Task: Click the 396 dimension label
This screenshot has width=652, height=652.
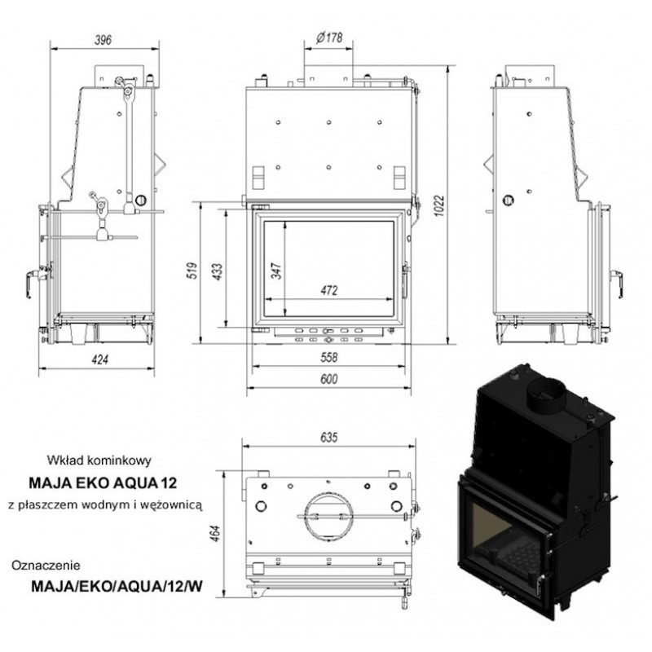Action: [104, 40]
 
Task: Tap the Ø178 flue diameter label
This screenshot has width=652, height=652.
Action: [329, 37]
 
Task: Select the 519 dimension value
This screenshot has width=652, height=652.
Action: [192, 271]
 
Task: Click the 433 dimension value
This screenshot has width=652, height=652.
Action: [218, 271]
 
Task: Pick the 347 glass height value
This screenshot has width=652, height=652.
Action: [276, 271]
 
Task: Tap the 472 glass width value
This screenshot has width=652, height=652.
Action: [329, 290]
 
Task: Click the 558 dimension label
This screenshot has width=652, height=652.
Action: [329, 357]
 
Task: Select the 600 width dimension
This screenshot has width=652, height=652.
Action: [329, 379]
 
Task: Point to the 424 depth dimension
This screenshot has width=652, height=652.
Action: [99, 359]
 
